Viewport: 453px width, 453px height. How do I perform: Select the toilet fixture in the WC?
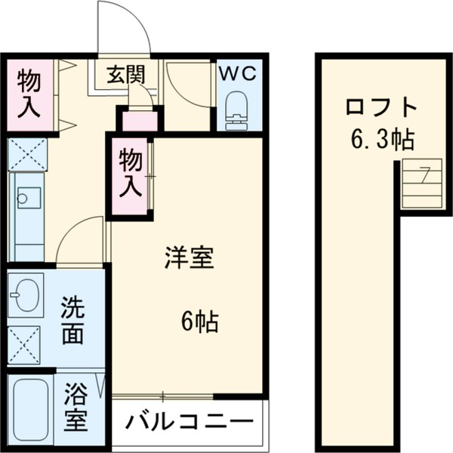click(237, 109)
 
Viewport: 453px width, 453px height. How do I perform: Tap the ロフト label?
click(381, 107)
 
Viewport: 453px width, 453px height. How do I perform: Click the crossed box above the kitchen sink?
click(26, 155)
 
